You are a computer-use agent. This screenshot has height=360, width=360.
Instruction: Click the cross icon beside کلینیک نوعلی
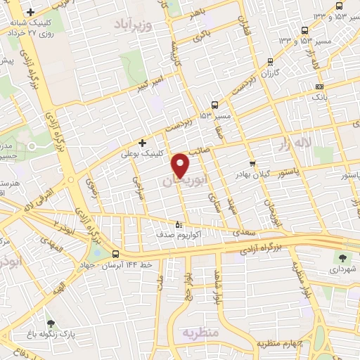(142, 143)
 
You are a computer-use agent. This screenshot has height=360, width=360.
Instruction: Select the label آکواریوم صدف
(178, 235)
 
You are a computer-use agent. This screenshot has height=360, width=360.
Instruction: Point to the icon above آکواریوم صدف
(178, 225)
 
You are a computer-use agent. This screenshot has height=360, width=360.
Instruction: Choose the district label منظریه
(202, 331)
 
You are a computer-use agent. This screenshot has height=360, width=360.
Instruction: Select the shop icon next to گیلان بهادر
(252, 163)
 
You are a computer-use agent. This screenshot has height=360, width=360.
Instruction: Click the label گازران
(271, 73)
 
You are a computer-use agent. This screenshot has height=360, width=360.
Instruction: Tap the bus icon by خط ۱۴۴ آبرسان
(115, 255)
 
